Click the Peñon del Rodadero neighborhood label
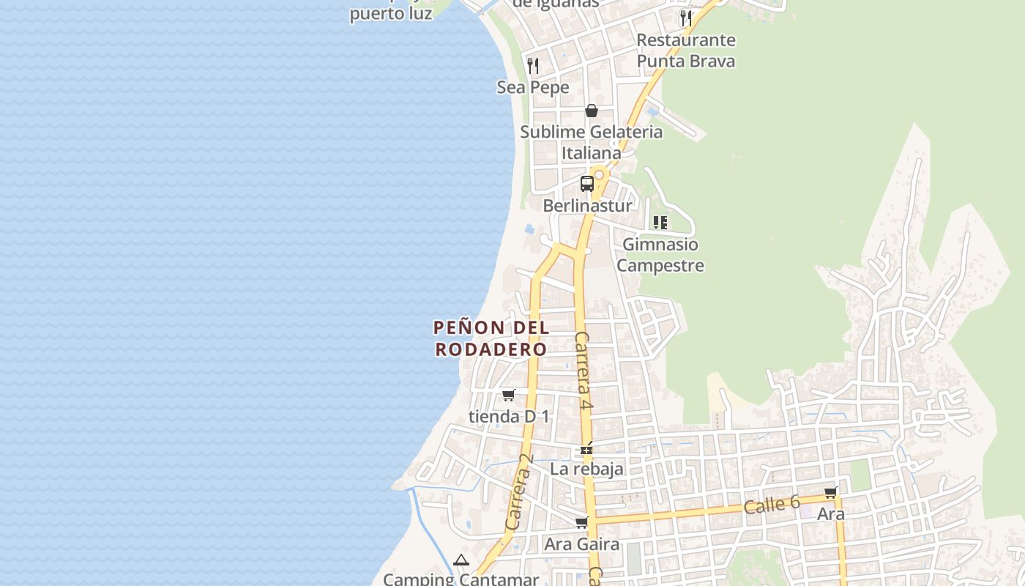click(491, 338)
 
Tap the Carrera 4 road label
click(583, 370)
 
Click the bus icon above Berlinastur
click(587, 183)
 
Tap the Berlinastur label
click(587, 206)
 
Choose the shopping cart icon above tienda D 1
click(508, 395)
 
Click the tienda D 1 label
click(509, 416)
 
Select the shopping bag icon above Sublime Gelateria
click(592, 111)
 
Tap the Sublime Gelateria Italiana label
click(592, 142)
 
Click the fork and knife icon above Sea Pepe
click(533, 66)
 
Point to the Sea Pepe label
click(533, 87)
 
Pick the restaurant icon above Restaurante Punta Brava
click(686, 18)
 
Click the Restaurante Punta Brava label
click(686, 50)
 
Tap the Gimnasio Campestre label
click(660, 254)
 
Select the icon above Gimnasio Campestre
click(660, 222)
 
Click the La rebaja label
click(586, 469)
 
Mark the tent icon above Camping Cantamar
click(461, 560)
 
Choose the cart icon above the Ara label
click(830, 493)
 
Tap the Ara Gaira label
click(582, 544)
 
